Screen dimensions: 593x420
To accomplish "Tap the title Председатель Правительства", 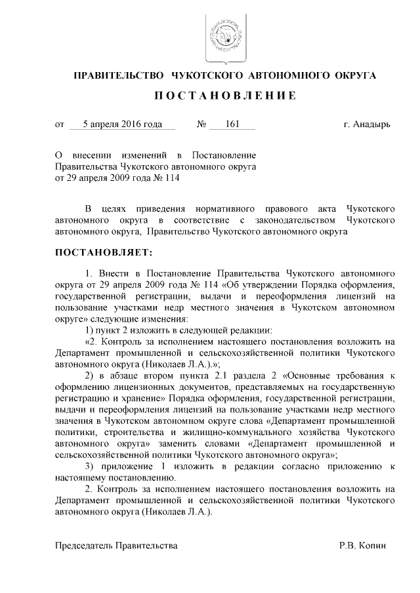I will click(x=116, y=545).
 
